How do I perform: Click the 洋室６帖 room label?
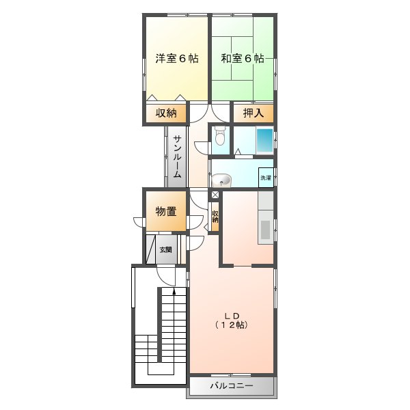pyautogui.click(x=177, y=58)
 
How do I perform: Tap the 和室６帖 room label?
pyautogui.click(x=243, y=58)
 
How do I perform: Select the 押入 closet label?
pyautogui.click(x=254, y=113)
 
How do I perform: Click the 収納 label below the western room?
pyautogui.click(x=166, y=113)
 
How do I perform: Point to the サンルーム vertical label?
pyautogui.click(x=177, y=156)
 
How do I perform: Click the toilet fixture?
pyautogui.click(x=220, y=135)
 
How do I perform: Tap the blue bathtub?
pyautogui.click(x=264, y=141)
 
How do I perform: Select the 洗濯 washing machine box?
pyautogui.click(x=266, y=178)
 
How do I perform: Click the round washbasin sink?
pyautogui.click(x=221, y=180)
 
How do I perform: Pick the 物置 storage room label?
pyautogui.click(x=166, y=211)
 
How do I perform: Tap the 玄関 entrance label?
pyautogui.click(x=166, y=249)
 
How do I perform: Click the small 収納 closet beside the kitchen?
pyautogui.click(x=215, y=217)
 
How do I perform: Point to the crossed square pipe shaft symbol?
pyautogui.click(x=215, y=195)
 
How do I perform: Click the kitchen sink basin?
pyautogui.click(x=265, y=230)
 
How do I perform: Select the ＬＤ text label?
pyautogui.click(x=232, y=316)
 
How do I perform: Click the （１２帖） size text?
pyautogui.click(x=232, y=325)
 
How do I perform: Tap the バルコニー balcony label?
pyautogui.click(x=232, y=385)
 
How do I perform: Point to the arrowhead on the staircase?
pyautogui.click(x=174, y=291)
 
